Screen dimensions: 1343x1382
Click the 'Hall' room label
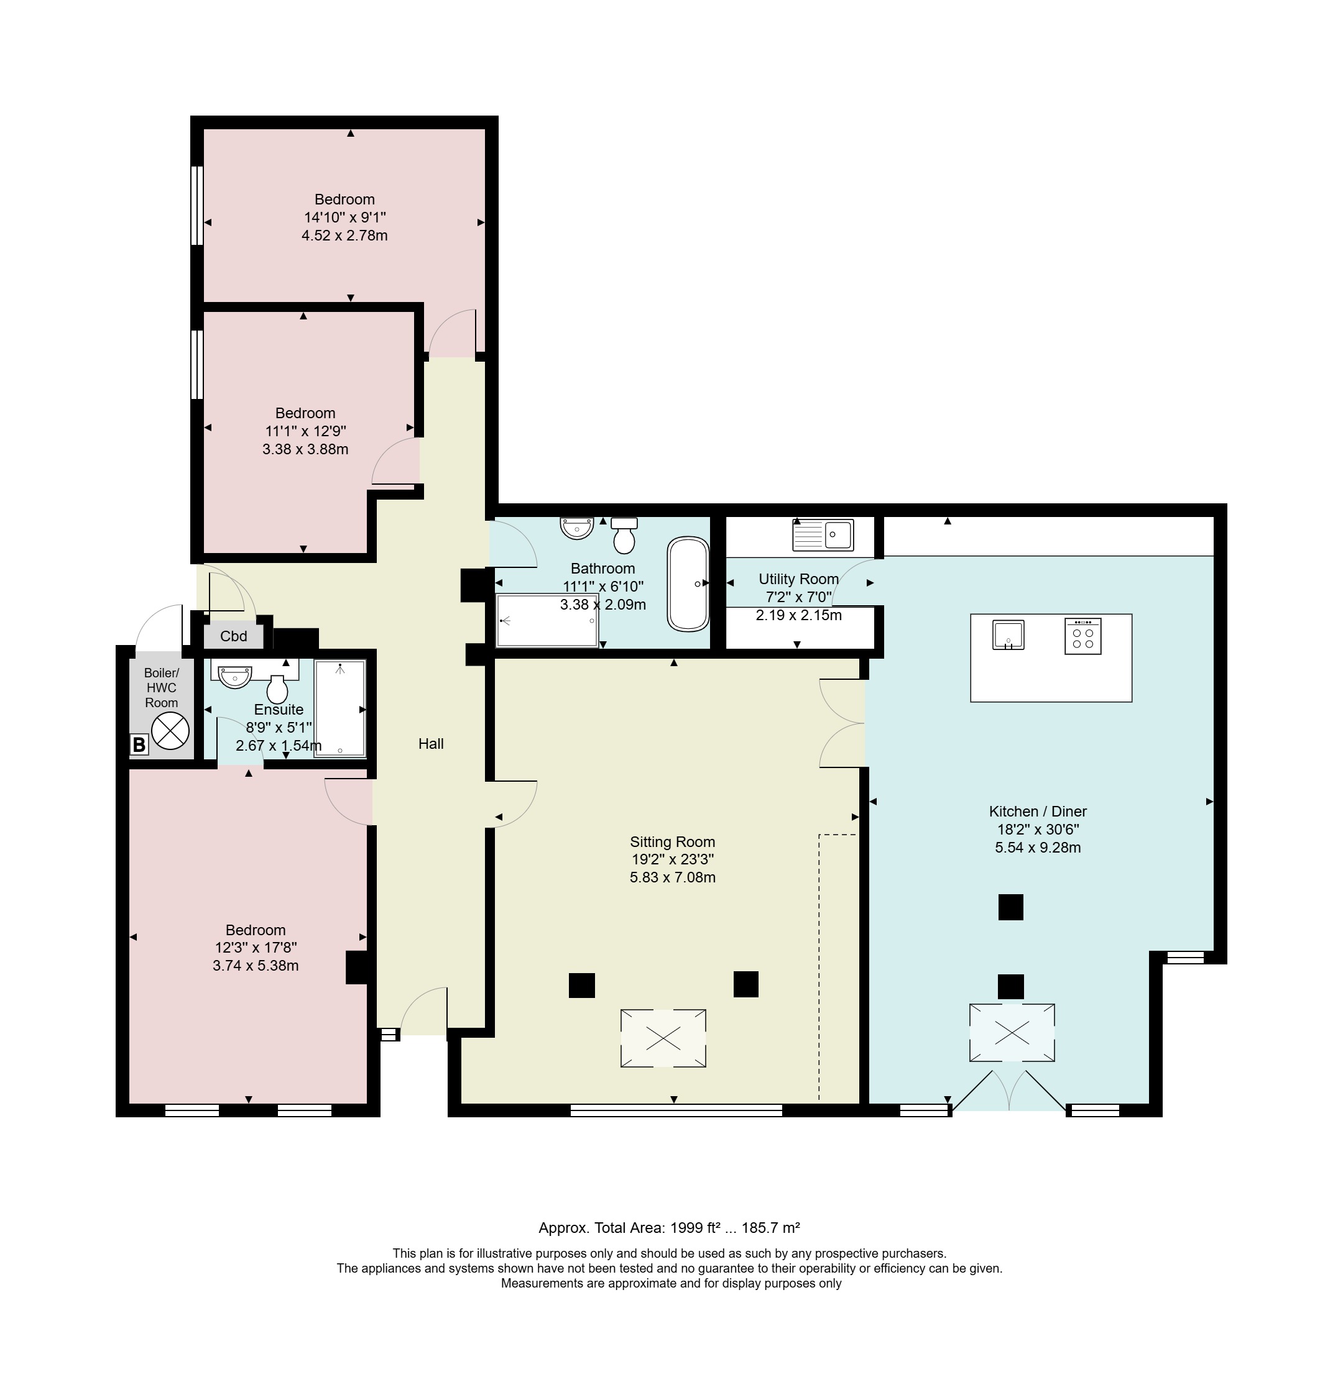(x=431, y=743)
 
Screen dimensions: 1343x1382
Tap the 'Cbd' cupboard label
(x=234, y=636)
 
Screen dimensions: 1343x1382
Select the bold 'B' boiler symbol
(x=139, y=744)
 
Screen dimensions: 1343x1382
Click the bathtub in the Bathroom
(x=688, y=584)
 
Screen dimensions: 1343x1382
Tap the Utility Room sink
(x=823, y=535)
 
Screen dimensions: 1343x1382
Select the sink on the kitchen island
(x=1008, y=634)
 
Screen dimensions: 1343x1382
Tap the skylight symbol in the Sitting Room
(x=663, y=1038)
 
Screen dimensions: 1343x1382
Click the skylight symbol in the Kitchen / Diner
(x=1012, y=1033)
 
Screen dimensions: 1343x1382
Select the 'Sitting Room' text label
(x=672, y=842)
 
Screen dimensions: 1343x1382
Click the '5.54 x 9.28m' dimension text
(x=1038, y=848)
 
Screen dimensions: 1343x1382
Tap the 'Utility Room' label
(x=798, y=579)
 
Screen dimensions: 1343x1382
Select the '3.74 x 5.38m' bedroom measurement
(x=256, y=966)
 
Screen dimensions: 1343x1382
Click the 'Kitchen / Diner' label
(x=1038, y=812)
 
